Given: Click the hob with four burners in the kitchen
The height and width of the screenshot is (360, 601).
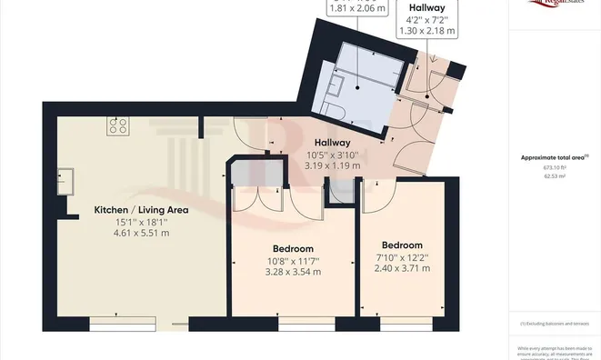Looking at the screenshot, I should point(118,126).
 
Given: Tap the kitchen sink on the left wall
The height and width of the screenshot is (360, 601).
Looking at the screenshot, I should point(65,175).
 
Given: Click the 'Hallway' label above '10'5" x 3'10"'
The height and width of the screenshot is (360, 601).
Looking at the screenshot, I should point(332,143).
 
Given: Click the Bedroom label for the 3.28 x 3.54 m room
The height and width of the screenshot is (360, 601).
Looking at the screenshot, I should point(293,248).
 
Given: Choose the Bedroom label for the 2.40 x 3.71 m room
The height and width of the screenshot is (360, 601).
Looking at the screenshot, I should point(402,245).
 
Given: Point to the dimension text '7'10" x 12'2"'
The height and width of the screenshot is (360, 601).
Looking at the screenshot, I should point(402,258).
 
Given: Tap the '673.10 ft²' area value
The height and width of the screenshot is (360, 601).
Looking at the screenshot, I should point(555,167).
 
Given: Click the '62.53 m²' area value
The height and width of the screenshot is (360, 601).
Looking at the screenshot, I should point(555,176).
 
